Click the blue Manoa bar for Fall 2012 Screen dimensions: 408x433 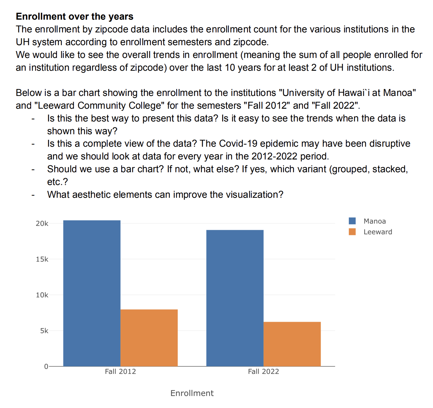tap(92, 293)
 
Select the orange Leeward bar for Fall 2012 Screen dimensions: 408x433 tap(149, 338)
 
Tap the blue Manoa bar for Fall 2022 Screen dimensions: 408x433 tap(235, 298)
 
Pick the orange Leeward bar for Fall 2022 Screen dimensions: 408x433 tap(292, 344)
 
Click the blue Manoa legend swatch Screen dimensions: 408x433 tap(352, 221)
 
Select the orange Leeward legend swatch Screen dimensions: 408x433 tap(352, 232)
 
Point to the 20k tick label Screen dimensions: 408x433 tap(42, 224)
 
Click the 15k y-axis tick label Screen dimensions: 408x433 tap(42, 259)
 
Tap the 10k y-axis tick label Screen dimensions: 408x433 tap(42, 295)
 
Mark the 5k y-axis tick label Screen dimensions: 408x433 tap(44, 331)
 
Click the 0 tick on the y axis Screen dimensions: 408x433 tap(46, 366)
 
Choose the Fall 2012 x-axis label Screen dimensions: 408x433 tap(120, 371)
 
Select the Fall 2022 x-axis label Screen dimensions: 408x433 tap(263, 371)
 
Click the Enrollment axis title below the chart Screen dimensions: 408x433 tap(192, 393)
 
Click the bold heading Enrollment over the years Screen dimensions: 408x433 tap(75, 16)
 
